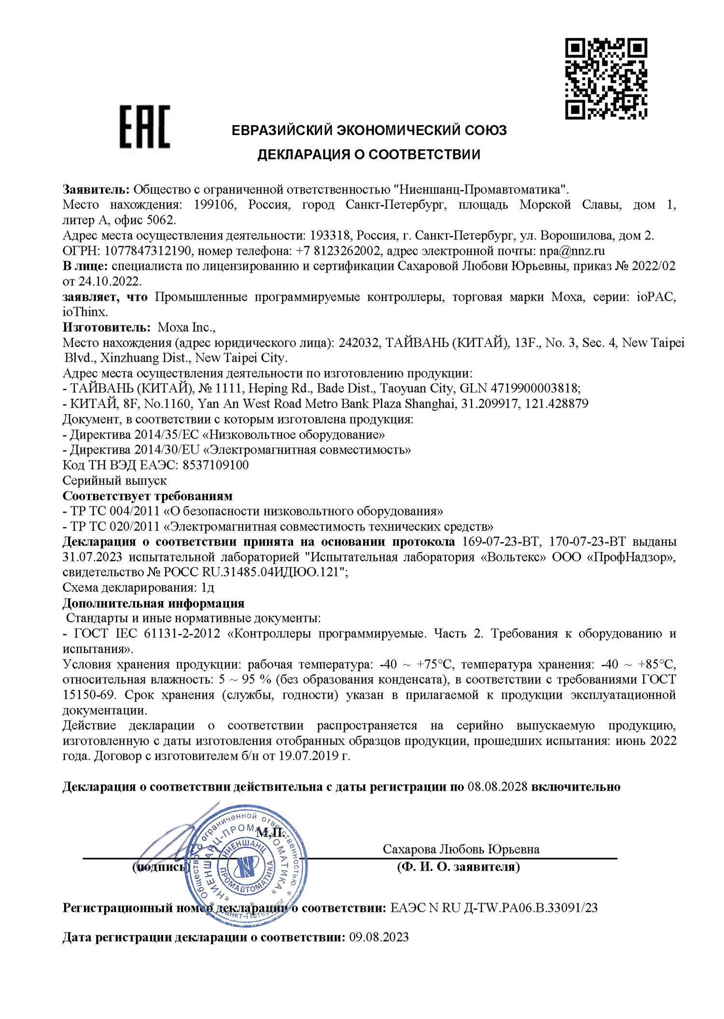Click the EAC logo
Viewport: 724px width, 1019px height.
pos(145,126)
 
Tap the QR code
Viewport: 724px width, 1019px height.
pos(606,79)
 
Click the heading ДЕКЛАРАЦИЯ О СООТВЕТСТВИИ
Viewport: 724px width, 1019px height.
pos(369,154)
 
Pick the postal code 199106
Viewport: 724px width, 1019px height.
pos(215,205)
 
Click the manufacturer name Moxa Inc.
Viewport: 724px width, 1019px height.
pos(186,327)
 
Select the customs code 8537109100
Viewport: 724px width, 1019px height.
pos(215,465)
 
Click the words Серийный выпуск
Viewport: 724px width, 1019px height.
pos(115,481)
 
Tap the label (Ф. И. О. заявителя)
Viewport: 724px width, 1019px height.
pos(459,867)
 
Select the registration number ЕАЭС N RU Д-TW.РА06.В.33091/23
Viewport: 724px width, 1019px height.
pos(494,908)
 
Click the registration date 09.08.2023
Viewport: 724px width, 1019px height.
pos(379,937)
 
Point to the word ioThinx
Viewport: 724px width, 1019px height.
pos(85,312)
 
